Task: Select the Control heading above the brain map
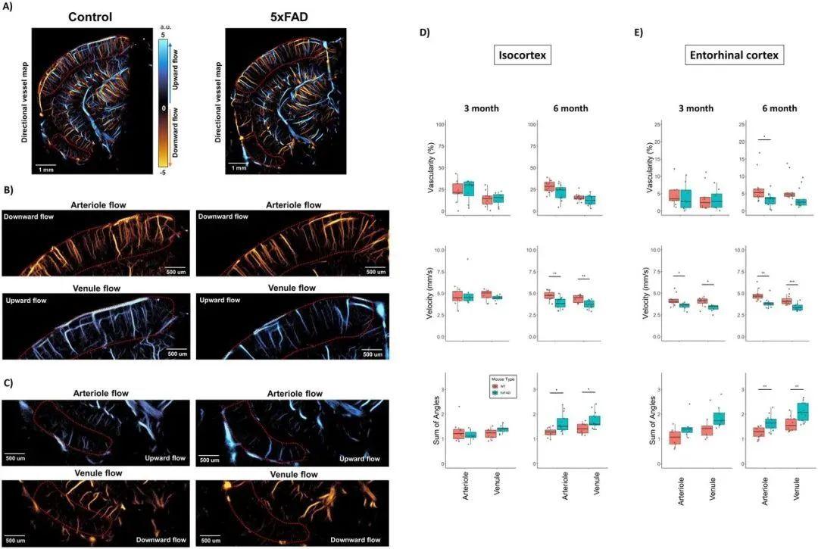coord(90,17)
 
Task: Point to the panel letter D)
coord(424,33)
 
